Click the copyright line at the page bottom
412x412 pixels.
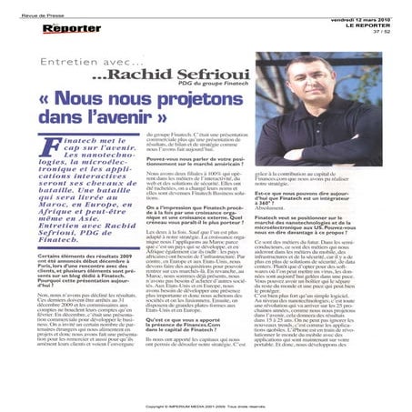click(206, 406)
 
